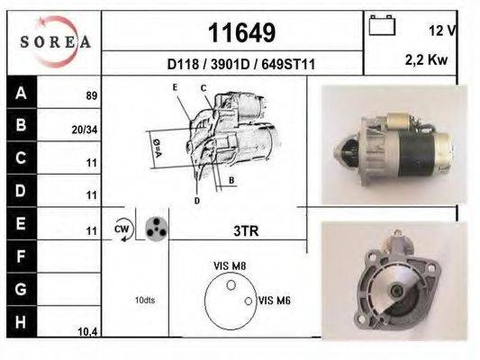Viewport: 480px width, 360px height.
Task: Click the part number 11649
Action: tap(241, 32)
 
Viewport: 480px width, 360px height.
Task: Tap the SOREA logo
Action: tap(55, 41)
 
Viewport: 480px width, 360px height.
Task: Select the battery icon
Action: tap(382, 25)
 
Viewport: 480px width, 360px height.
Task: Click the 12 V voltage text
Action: tap(442, 31)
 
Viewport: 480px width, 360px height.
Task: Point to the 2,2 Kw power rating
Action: tap(426, 59)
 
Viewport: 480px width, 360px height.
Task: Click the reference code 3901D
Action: tap(231, 65)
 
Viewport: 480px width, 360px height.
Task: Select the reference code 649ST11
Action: tap(288, 65)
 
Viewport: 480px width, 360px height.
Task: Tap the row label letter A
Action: tap(21, 93)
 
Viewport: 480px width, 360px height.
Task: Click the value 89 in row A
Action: tap(92, 95)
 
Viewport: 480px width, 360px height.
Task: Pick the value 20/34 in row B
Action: tap(85, 130)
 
